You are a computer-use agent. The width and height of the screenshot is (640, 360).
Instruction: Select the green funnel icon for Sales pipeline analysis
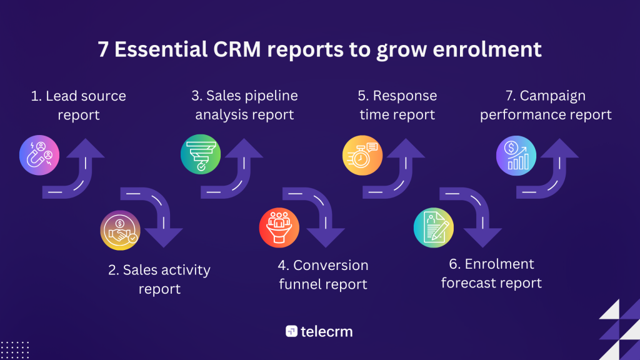(x=200, y=152)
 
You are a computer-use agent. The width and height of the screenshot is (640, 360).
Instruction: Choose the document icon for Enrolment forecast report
(x=433, y=226)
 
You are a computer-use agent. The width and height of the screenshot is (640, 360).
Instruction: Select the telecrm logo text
(x=326, y=331)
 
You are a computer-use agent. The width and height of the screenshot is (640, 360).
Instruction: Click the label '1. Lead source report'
(x=79, y=106)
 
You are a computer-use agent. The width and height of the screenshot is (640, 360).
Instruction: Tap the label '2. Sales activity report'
(x=159, y=279)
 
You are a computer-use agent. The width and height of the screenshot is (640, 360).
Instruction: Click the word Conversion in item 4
(x=331, y=265)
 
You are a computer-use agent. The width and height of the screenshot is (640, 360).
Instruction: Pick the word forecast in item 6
(x=472, y=283)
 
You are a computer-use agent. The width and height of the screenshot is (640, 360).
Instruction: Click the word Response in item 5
(x=405, y=96)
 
